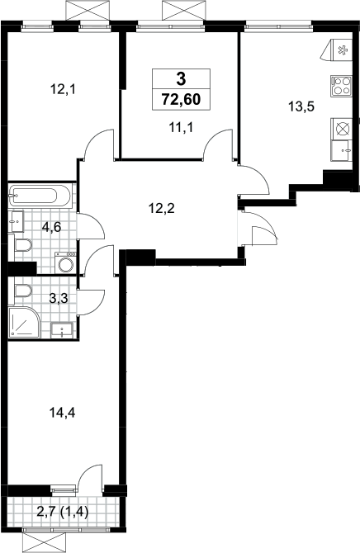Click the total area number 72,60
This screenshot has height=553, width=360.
coord(181,99)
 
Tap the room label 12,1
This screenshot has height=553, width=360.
coord(63,90)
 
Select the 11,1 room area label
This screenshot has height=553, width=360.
coord(181,127)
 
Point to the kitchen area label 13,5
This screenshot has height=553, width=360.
coord(301,106)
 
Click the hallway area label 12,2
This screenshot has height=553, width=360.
coord(162,209)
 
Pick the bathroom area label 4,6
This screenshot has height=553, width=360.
coord(51,227)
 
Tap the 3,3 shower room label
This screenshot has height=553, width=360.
coord(59,298)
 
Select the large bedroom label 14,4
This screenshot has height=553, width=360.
coord(63,412)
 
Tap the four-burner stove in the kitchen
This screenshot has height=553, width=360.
coord(342,86)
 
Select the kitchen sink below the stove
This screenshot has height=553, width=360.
coord(342,150)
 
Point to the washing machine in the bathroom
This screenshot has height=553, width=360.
coord(66,262)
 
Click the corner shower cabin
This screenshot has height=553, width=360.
coord(24,322)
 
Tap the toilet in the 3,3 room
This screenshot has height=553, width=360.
coord(22,291)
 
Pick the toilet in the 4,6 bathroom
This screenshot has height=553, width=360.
coord(22,245)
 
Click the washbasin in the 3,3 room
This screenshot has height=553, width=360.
coord(62,330)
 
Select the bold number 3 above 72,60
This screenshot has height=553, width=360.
coord(181,79)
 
